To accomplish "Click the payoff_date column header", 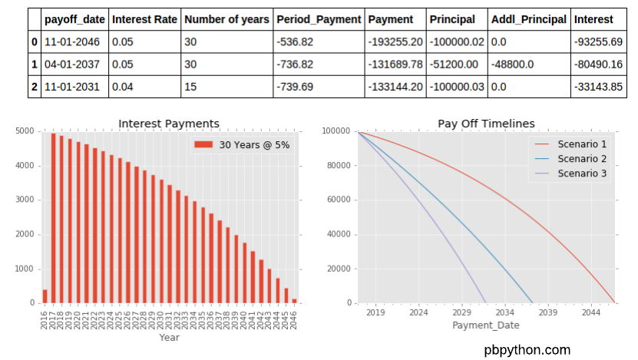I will pos(74,19).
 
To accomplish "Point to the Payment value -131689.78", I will pos(395,64).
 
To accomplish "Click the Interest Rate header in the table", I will pos(144,19).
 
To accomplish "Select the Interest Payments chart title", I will pos(169,124).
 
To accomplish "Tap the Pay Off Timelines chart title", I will pos(486,124).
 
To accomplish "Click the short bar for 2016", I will pos(45,296).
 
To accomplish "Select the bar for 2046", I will pos(294,301).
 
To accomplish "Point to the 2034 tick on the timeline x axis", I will pos(504,312).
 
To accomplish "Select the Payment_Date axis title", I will pos(486,325).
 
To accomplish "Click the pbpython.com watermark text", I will pos(527,349).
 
